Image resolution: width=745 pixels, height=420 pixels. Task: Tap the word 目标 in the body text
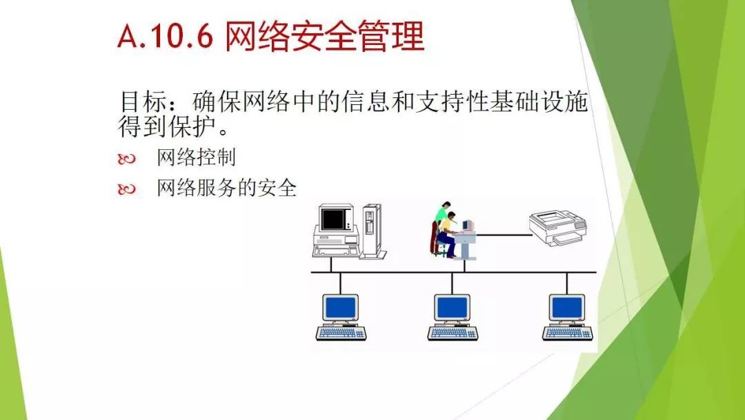tap(143, 101)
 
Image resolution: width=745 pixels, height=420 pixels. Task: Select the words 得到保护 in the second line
tap(167, 126)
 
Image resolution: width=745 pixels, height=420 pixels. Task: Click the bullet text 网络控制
tap(196, 157)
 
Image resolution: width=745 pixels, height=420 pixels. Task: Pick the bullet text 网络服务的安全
tap(227, 188)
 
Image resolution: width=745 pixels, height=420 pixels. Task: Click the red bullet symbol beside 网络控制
tap(126, 159)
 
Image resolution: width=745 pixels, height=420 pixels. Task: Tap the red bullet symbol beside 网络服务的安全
tap(126, 189)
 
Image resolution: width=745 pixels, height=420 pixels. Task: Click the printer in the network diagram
tap(558, 227)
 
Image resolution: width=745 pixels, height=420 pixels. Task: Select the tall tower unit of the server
tap(372, 231)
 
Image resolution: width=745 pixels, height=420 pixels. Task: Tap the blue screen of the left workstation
tap(340, 307)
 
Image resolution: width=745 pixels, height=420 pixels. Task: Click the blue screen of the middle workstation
tap(453, 307)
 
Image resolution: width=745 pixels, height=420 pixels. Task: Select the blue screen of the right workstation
tap(567, 307)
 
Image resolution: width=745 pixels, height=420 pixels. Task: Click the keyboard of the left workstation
tap(341, 333)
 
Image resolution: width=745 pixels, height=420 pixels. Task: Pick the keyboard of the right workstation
tap(568, 333)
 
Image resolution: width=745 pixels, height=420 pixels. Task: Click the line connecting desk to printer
tap(504, 234)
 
